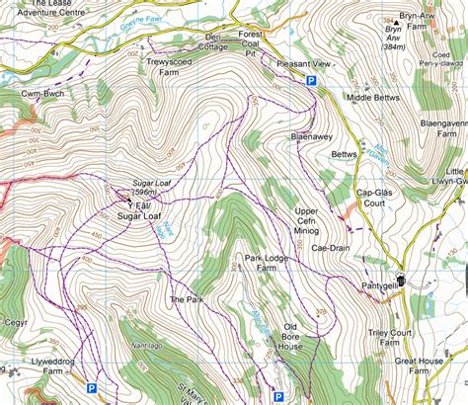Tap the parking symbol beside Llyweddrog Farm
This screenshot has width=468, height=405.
92,362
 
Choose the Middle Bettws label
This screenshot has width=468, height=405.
373,100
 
